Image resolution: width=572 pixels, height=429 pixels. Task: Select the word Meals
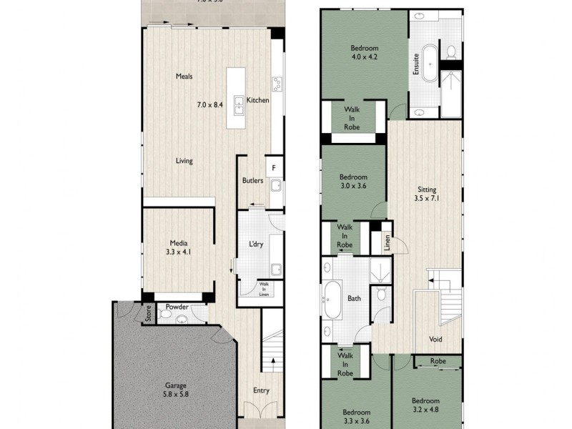coord(184,77)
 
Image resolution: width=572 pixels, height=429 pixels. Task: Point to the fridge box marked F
coord(272,169)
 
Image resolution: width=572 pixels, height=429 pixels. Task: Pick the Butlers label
coord(252,181)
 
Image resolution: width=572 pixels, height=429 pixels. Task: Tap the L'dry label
coord(257,245)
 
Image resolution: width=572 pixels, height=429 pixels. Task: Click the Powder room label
coord(177,307)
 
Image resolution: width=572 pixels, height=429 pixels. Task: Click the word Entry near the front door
coord(261,390)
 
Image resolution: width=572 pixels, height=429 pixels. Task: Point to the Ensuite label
coord(415,64)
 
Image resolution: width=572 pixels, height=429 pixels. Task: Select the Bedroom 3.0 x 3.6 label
coord(353,182)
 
